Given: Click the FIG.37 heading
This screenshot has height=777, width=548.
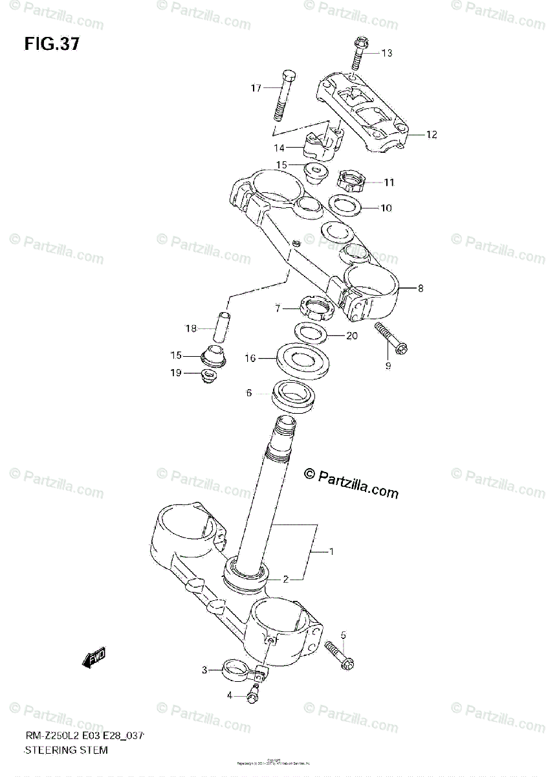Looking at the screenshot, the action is pos(52,45).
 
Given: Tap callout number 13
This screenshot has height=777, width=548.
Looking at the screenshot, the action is pos(386,53).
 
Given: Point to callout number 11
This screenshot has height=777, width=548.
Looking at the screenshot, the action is pos(388,183).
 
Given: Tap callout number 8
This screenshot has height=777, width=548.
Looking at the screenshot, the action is pos(420,288).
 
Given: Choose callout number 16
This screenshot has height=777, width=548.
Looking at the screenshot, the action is pos(250,357).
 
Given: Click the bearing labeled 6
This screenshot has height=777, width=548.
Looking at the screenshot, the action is pos(296,396).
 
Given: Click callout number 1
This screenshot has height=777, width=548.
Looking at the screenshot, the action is pos(331,552).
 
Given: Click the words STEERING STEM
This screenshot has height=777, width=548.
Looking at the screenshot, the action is pos(65,750).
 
